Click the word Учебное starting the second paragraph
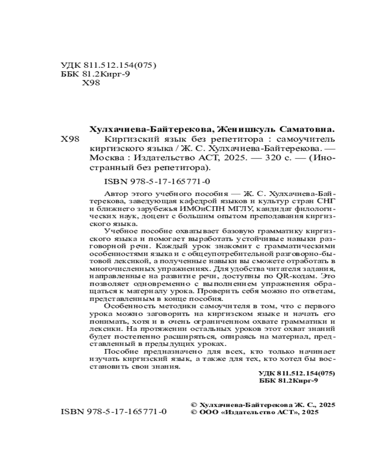point(119,231)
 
